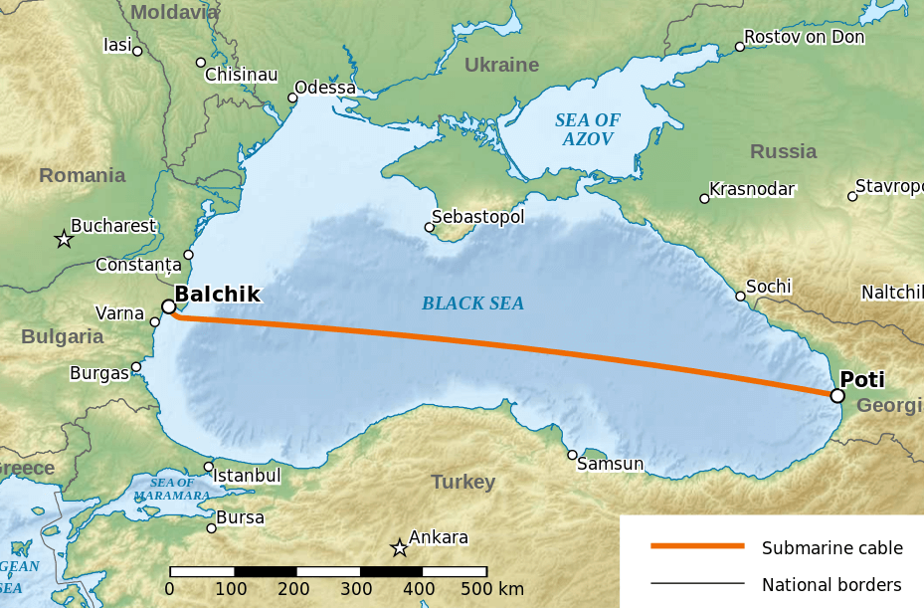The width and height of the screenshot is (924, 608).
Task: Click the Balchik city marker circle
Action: pyautogui.click(x=168, y=306)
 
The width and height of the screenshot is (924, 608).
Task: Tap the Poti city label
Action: pyautogui.click(x=861, y=379)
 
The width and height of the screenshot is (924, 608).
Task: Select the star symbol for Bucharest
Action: pyautogui.click(x=64, y=239)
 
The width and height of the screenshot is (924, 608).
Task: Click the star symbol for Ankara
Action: pyautogui.click(x=399, y=548)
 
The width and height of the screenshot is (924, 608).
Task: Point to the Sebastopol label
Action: pyautogui.click(x=477, y=216)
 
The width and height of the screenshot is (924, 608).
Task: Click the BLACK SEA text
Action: pyautogui.click(x=472, y=304)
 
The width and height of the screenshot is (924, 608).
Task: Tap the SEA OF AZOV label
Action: pyautogui.click(x=587, y=129)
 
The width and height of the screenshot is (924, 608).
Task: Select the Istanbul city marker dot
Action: pyautogui.click(x=209, y=467)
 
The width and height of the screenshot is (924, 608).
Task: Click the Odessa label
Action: pyautogui.click(x=325, y=88)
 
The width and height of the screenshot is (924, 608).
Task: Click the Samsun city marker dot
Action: pyautogui.click(x=572, y=455)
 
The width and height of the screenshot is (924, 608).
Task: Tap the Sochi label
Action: pyautogui.click(x=769, y=287)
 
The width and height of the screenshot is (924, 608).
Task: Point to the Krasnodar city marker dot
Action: pyautogui.click(x=704, y=198)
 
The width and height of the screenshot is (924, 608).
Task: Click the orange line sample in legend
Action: pyautogui.click(x=697, y=546)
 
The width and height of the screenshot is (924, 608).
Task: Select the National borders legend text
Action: pyautogui.click(x=832, y=584)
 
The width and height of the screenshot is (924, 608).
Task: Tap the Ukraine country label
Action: pyautogui.click(x=501, y=66)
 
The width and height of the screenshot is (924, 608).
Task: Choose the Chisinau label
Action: pyautogui.click(x=241, y=75)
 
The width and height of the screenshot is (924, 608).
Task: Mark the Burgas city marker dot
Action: pyautogui.click(x=136, y=366)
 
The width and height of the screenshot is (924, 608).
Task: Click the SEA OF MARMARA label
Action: pyautogui.click(x=172, y=489)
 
